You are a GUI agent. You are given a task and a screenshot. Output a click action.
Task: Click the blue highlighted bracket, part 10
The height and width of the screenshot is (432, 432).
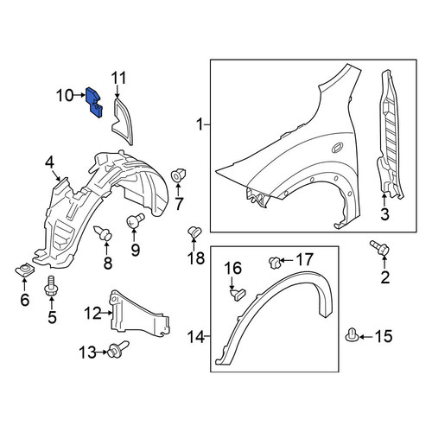tap(93, 103)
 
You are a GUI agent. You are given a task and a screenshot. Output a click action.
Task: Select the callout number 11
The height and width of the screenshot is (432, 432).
tap(118, 79)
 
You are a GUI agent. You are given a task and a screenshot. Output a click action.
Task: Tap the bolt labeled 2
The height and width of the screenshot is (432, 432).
tap(380, 248)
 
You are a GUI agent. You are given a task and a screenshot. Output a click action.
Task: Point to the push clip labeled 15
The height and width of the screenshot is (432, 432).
tap(352, 335)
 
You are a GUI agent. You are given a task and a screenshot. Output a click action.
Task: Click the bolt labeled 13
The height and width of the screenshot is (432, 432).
tap(118, 349)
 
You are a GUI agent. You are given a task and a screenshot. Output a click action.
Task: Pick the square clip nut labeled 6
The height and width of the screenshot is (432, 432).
tap(25, 270)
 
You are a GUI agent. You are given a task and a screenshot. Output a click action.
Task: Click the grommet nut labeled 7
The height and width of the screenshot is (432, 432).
tap(178, 175)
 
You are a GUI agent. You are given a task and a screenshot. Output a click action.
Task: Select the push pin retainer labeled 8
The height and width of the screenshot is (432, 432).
tap(103, 233)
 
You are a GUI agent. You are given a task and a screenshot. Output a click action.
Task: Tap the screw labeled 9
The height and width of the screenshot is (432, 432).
tap(135, 220)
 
